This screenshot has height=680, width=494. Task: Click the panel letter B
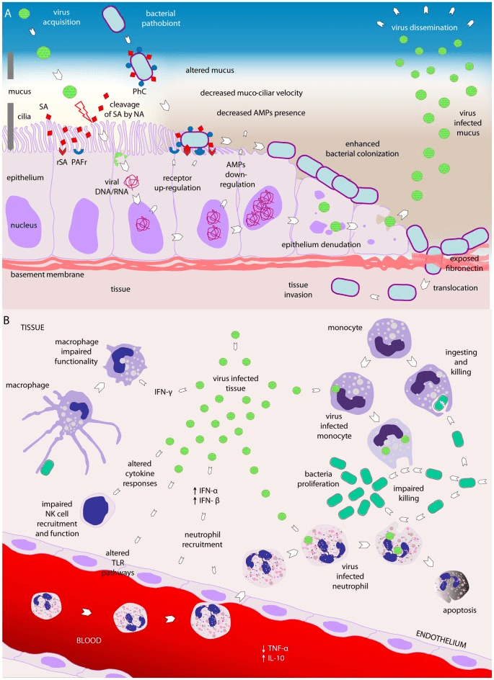(x=8, y=318)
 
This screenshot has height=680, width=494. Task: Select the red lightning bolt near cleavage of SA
(x=84, y=110)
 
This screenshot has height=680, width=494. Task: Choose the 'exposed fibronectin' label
(x=463, y=263)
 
